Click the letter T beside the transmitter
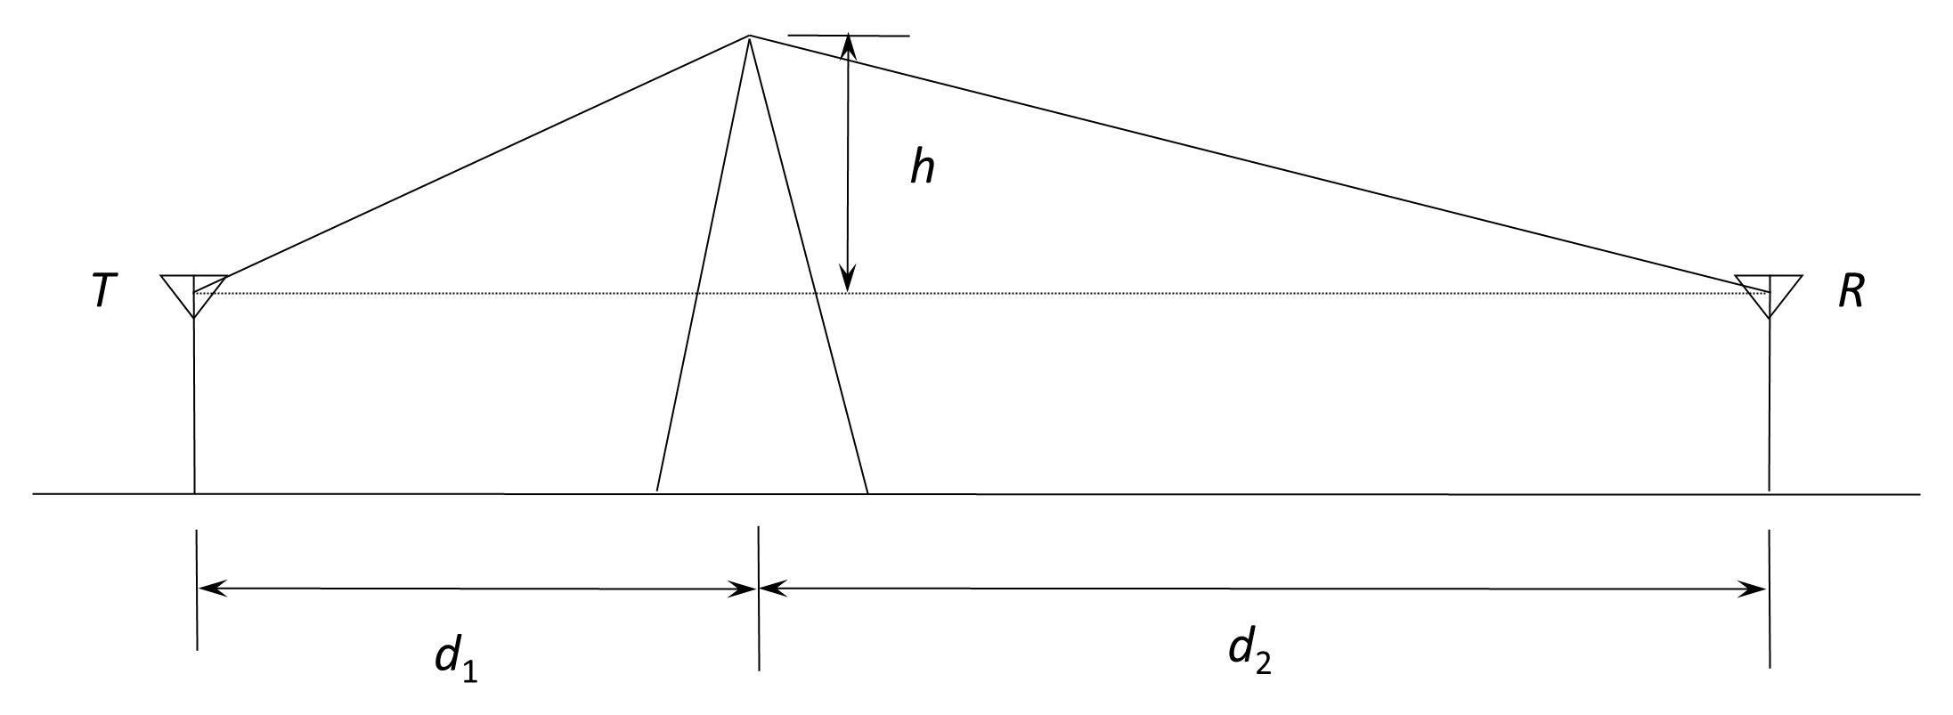pos(104,291)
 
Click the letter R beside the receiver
pos(1851,291)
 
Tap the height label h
pos(923,167)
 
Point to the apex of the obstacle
pos(749,37)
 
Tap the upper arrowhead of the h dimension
pos(849,47)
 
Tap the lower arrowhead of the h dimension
pos(849,280)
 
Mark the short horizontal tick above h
pos(849,36)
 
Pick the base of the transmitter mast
pos(194,492)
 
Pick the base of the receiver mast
pos(1769,492)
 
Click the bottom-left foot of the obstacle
pos(657,492)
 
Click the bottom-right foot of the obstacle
pos(867,492)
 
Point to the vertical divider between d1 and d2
pos(758,598)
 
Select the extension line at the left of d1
pos(197,590)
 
